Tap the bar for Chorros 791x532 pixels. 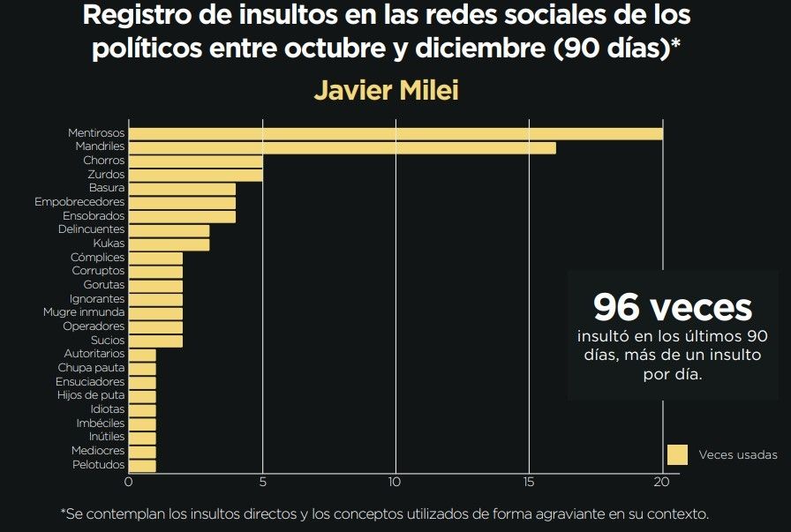(x=196, y=161)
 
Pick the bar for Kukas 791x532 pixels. (x=169, y=244)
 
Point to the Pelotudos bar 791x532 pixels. (x=143, y=465)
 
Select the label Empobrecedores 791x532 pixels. (x=79, y=202)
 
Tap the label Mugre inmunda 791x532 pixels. (x=84, y=312)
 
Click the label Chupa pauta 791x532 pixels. (x=91, y=368)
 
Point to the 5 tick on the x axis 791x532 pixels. (x=262, y=483)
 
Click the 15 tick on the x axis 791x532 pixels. (x=529, y=483)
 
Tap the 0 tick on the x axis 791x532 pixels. (x=129, y=483)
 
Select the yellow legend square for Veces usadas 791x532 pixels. (x=677, y=454)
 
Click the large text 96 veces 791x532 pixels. (x=673, y=307)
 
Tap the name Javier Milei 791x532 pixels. (x=386, y=91)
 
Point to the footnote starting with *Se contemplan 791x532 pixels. (x=384, y=513)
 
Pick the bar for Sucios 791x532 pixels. (x=156, y=341)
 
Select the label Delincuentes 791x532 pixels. (x=92, y=229)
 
